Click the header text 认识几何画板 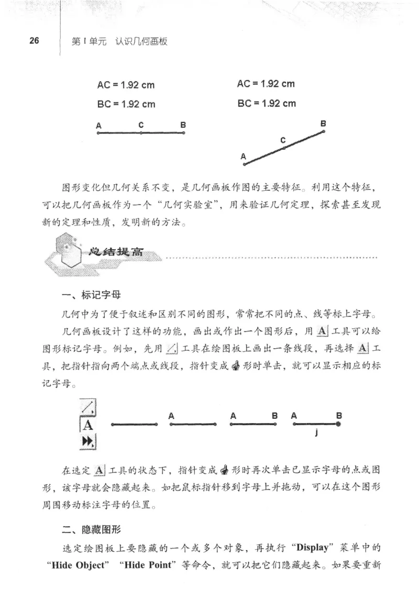click(142, 41)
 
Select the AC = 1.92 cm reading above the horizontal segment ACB click(126, 85)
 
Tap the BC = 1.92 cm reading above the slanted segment click(267, 103)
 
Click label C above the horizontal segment click(141, 125)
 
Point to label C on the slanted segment click(282, 140)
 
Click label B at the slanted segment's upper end click(323, 124)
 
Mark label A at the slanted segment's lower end click(243, 156)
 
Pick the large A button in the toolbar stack click(88, 425)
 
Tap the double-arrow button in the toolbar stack click(88, 443)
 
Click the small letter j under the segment click(316, 432)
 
